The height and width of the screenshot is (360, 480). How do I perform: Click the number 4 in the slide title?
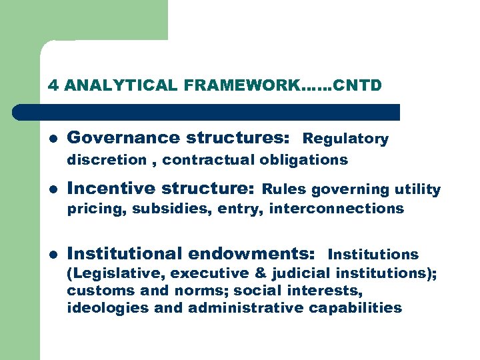coord(53,85)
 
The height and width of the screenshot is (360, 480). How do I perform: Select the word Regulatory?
coord(345,139)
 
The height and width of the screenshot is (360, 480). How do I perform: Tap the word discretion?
coord(107,160)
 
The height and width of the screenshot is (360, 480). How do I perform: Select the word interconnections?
coord(337,209)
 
